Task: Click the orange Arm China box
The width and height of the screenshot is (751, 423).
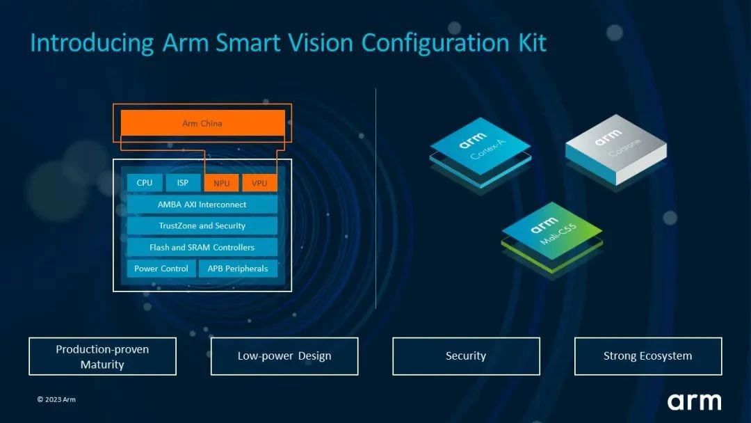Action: click(202, 123)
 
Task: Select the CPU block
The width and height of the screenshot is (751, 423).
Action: click(144, 182)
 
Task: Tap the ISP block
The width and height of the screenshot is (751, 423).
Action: click(182, 182)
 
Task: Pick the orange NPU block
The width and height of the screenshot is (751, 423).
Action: click(221, 183)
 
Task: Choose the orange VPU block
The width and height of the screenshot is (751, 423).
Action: click(259, 183)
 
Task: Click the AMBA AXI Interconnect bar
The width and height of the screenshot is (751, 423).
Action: click(202, 205)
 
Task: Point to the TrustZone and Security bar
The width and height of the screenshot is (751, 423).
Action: click(202, 225)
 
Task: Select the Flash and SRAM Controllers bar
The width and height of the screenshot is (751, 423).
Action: click(202, 247)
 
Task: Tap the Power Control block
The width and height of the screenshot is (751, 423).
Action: click(161, 269)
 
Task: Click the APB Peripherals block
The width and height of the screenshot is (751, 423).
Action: click(238, 269)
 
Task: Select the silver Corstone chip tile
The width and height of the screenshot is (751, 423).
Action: click(616, 147)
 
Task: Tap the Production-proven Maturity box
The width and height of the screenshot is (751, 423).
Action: click(102, 356)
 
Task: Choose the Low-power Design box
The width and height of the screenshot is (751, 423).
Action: click(284, 356)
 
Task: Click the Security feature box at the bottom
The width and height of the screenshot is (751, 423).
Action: click(466, 356)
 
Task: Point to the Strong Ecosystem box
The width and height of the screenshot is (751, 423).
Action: click(648, 356)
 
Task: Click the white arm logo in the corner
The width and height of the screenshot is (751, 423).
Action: click(695, 402)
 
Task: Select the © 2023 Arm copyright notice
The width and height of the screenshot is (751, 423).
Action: click(56, 399)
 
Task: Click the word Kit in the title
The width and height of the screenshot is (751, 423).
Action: click(532, 42)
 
